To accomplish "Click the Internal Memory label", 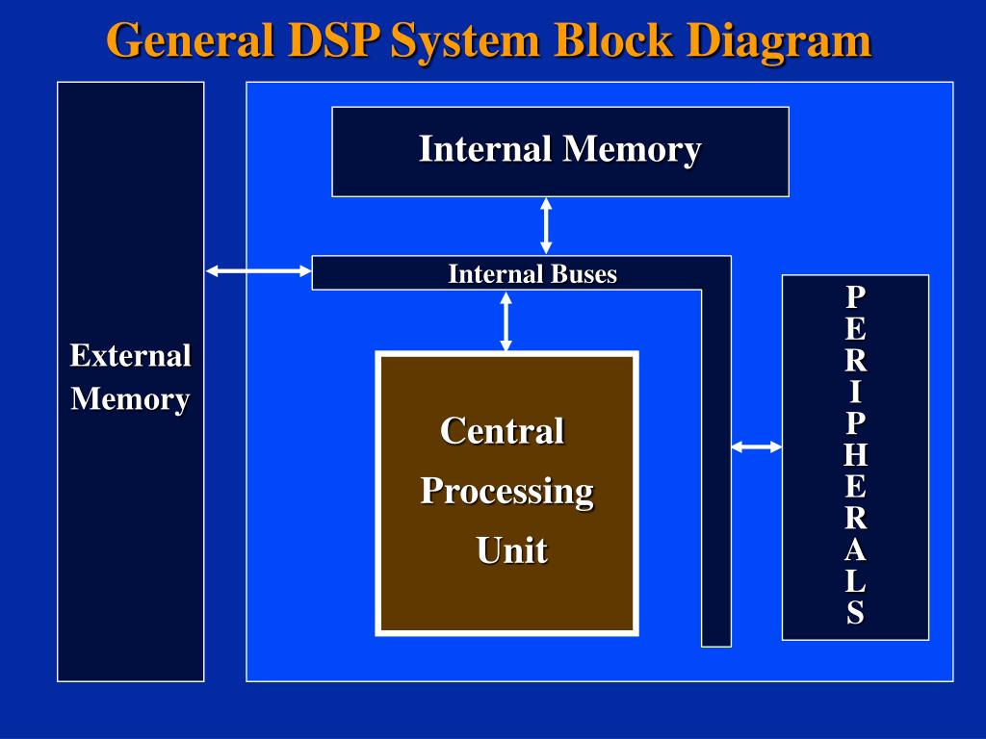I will pos(559,150).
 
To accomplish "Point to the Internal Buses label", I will pos(532,274).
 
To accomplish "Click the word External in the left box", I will pos(130,356).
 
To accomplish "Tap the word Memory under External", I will pos(130,398).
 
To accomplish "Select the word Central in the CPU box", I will pos(502,430).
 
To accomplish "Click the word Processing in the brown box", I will pos(506,491).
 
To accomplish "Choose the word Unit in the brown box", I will pos(511,551).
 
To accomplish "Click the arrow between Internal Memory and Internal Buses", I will pos(546,225).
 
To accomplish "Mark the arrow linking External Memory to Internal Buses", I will pos(258,271).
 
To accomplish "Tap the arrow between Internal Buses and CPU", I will pos(506,320).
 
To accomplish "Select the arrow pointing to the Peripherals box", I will pos(757,446).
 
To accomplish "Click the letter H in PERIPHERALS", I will pos(855,454).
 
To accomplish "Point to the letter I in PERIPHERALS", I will pos(855,392).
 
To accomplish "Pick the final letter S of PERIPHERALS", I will pos(855,613).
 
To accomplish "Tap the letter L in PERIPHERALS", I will pos(855,582).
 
